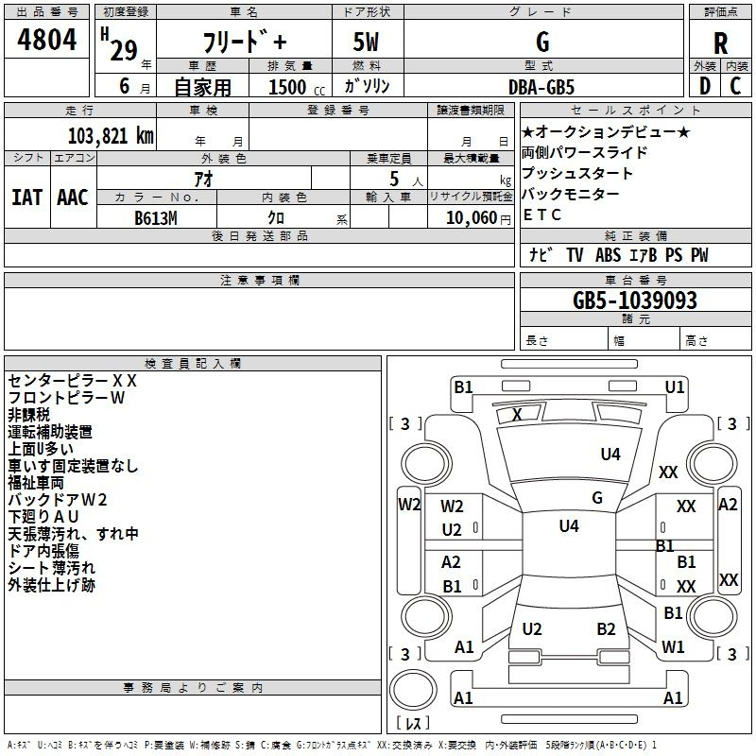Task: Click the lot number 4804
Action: (x=46, y=40)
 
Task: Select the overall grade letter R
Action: (x=720, y=43)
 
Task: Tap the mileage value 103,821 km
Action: (x=111, y=136)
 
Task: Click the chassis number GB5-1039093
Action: (x=634, y=301)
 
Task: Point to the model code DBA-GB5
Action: (x=541, y=87)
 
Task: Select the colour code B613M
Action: (x=155, y=218)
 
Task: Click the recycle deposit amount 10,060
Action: (x=471, y=218)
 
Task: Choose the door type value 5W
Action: (x=366, y=42)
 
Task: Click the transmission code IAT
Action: (x=26, y=198)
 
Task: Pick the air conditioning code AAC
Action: (x=73, y=198)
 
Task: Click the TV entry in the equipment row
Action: (x=575, y=254)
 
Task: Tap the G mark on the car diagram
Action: (x=597, y=498)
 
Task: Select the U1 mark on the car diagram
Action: (x=674, y=387)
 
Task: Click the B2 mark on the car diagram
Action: (x=606, y=629)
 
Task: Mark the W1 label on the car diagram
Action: (x=673, y=646)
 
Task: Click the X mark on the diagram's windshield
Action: (x=517, y=414)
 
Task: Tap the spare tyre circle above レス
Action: (x=413, y=690)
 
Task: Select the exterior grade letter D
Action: (x=705, y=86)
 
